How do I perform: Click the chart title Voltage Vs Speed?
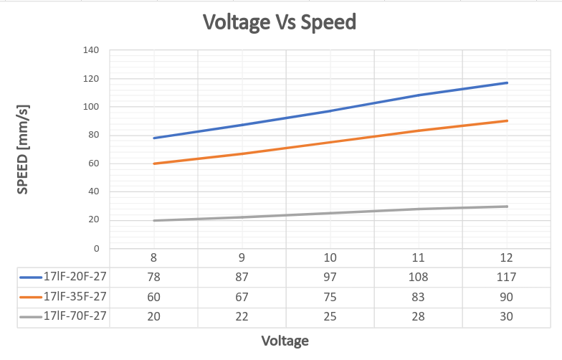click(280, 22)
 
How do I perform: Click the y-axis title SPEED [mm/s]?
click(22, 149)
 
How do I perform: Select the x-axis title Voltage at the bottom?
click(285, 341)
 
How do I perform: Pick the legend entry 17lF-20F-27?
click(75, 277)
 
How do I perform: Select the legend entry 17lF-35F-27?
click(75, 296)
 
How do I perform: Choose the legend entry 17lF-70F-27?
click(75, 316)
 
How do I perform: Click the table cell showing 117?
click(507, 277)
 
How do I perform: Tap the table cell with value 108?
click(419, 277)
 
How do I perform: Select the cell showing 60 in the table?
click(153, 296)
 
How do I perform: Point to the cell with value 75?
click(330, 296)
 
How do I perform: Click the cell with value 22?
click(242, 316)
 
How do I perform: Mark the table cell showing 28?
click(419, 316)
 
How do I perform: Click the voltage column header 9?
click(242, 257)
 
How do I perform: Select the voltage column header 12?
click(507, 257)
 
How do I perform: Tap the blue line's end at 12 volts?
click(507, 82)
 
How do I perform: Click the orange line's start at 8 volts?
click(153, 164)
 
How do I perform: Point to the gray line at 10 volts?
click(330, 213)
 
